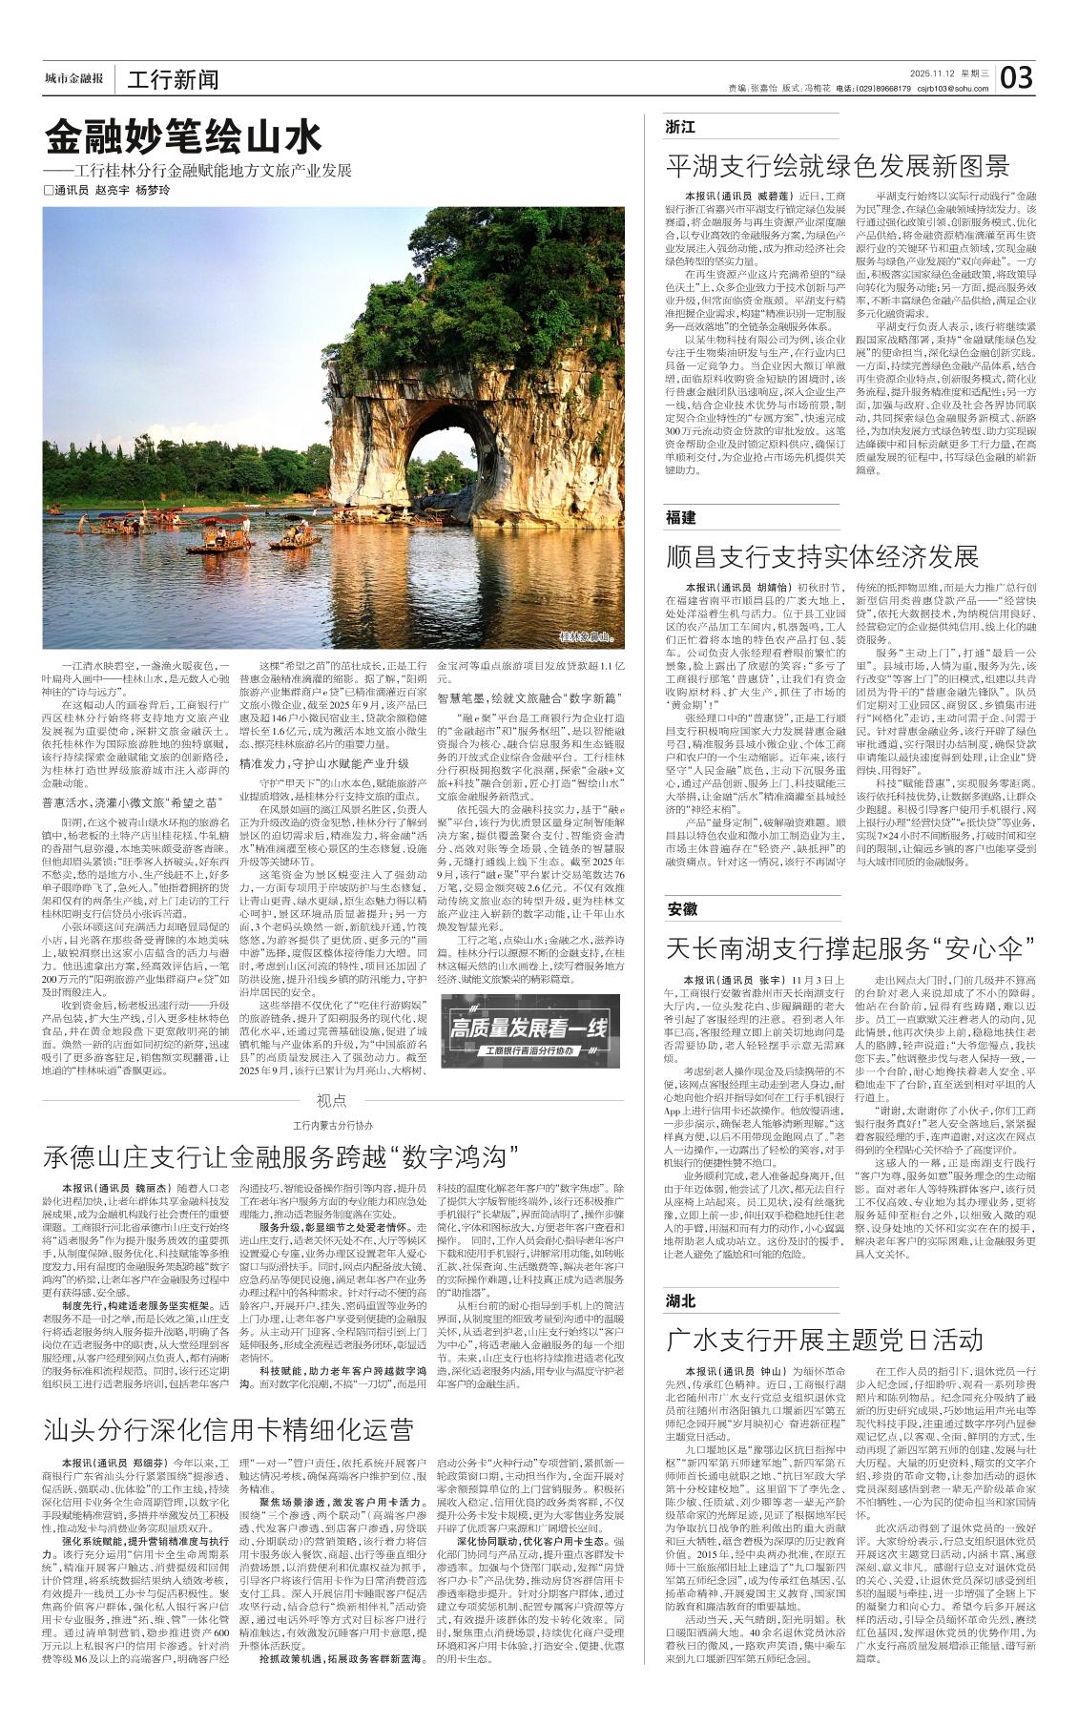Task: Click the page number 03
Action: pos(1017,77)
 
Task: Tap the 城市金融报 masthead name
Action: pos(73,78)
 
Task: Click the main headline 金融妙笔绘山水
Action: pos(184,139)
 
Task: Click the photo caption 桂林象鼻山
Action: pos(585,635)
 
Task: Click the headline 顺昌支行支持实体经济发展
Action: pos(822,556)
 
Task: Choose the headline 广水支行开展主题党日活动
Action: pos(824,1340)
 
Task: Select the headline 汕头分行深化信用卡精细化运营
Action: pos(229,1429)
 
